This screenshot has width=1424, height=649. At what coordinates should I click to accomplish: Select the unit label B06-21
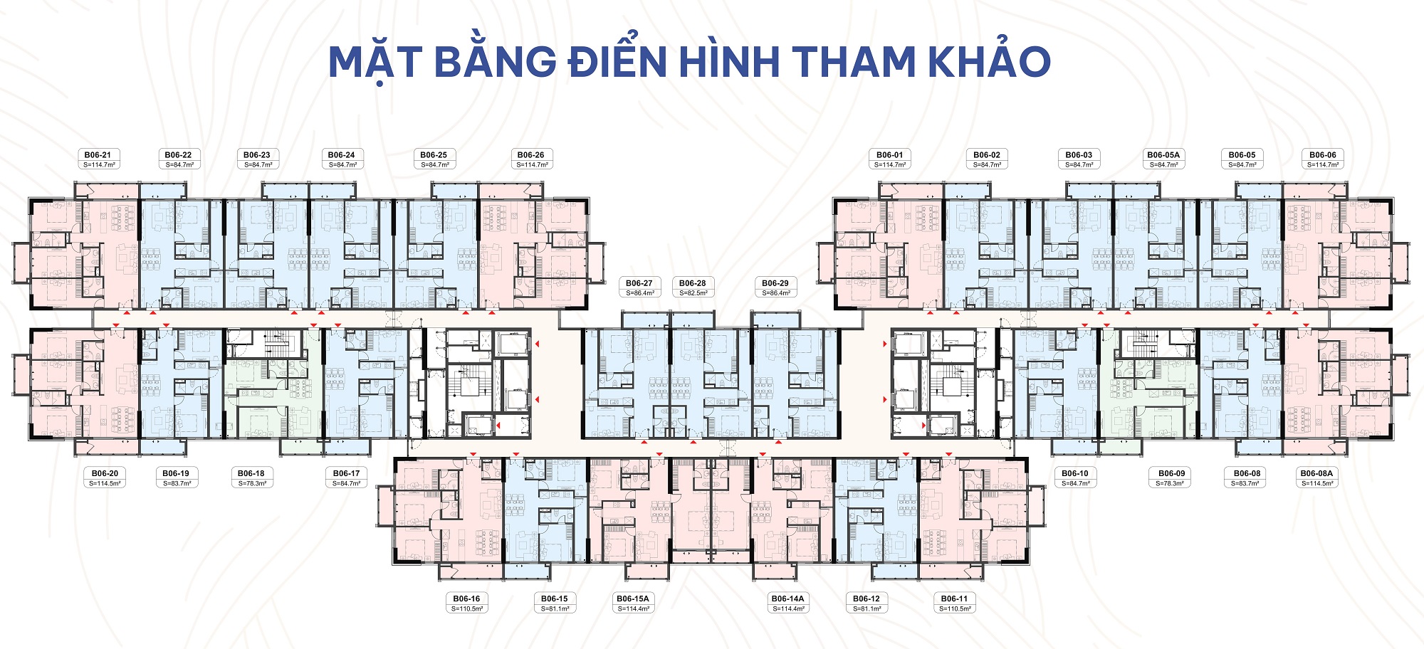coord(98,155)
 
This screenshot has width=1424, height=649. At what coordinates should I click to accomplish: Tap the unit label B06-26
coord(530,155)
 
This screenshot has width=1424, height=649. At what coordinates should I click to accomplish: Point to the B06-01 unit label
coord(889,155)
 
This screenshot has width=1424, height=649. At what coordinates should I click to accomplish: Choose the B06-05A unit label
coord(1163,155)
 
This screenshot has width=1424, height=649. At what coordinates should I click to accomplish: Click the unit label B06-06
coord(1322,155)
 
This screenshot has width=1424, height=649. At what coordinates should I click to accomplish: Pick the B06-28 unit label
coord(692,283)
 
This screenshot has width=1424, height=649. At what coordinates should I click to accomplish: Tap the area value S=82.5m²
coord(693,293)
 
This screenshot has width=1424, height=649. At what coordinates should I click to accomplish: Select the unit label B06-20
coord(105,474)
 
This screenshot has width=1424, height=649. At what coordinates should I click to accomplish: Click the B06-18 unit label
coord(251,474)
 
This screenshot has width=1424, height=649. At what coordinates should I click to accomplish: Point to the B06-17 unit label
coord(346,474)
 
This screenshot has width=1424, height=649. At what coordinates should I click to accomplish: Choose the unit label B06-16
coord(466,599)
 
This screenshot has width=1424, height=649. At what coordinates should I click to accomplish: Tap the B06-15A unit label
coord(633,599)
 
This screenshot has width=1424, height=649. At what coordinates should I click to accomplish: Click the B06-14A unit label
coord(787,599)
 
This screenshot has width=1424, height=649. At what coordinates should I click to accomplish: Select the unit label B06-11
coord(954,599)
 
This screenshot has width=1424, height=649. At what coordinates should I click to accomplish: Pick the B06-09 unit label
coord(1171,474)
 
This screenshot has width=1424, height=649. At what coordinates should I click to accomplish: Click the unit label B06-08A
coord(1316,474)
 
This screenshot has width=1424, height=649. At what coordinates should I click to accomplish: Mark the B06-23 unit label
coord(257,155)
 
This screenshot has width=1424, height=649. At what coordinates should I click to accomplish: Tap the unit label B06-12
coord(867,599)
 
